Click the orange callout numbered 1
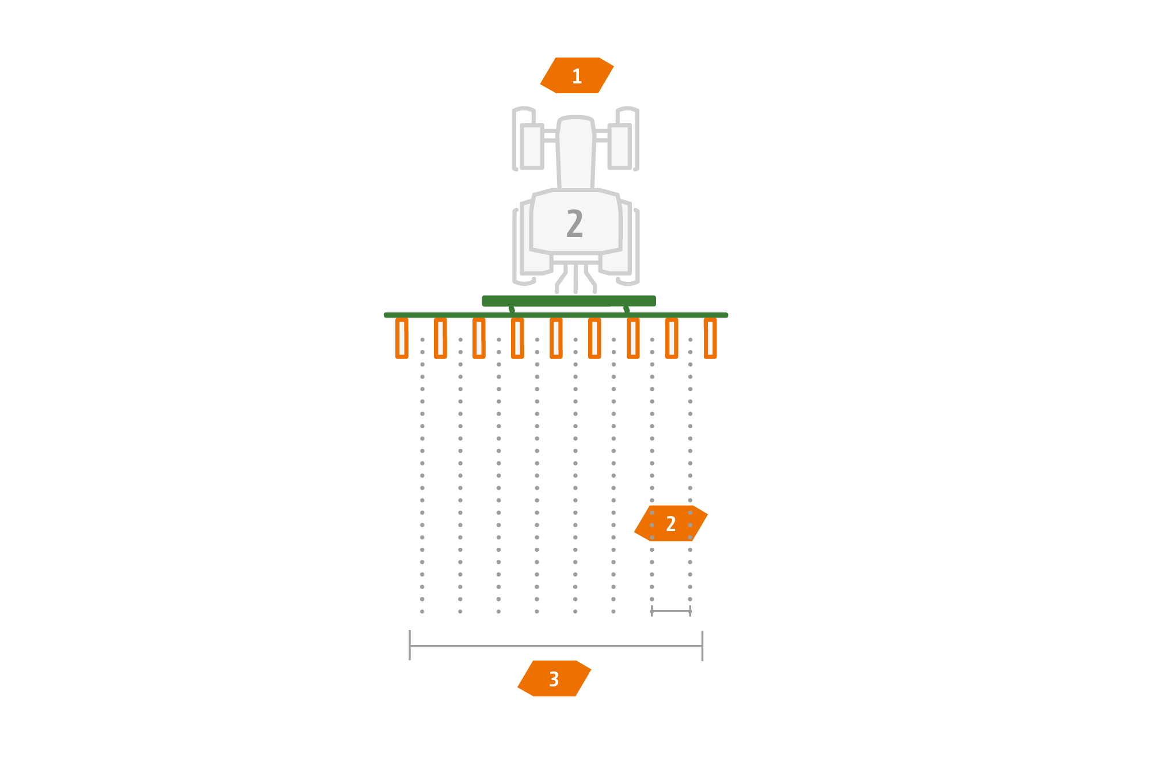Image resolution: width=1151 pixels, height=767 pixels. coord(577,75)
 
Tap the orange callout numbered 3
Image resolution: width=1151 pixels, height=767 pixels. coord(554,679)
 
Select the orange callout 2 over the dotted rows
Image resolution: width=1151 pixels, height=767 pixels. coord(670,524)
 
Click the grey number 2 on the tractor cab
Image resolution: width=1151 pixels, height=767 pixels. coord(574,223)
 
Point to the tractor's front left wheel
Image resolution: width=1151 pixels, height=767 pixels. coord(532,146)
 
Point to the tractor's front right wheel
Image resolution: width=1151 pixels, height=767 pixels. coord(620,146)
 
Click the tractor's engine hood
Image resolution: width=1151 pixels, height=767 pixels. coord(575,152)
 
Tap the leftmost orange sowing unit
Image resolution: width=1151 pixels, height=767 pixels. coord(402,338)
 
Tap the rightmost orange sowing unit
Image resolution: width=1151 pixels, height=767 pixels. coord(710,338)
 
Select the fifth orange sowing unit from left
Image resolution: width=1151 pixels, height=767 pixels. coord(556,338)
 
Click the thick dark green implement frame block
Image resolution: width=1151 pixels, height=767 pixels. coord(569,301)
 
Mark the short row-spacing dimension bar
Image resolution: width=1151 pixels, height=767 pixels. coord(670,611)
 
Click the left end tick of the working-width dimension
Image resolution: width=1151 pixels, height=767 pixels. coord(410,646)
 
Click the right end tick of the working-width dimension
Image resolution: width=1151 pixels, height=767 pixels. coord(702,646)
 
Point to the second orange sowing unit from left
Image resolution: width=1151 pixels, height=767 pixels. coord(440,338)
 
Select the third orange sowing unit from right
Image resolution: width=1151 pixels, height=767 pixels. coord(633,338)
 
